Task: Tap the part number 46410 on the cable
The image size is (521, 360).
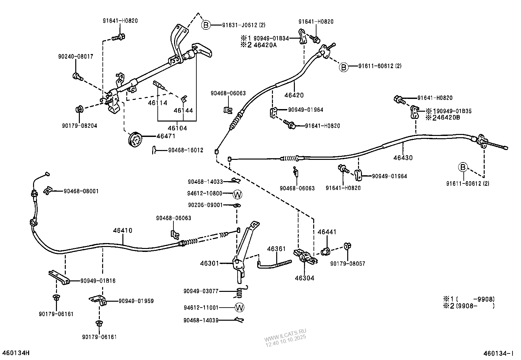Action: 123,231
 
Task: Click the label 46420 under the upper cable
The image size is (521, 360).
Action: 294,95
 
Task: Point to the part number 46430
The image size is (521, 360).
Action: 403,158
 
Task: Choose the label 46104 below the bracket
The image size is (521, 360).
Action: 177,128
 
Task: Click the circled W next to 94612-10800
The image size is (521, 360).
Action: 238,195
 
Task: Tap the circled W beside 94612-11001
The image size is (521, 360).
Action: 240,308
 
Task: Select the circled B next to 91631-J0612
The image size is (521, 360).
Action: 206,25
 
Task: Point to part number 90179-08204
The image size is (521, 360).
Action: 80,126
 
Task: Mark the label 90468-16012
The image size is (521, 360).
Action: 186,150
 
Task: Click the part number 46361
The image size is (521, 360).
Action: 277,249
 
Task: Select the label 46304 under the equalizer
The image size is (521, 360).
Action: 304,278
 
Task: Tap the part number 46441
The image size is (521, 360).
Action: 327,232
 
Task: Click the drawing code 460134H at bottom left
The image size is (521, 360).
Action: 16,353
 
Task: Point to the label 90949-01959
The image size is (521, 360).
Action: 136,301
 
